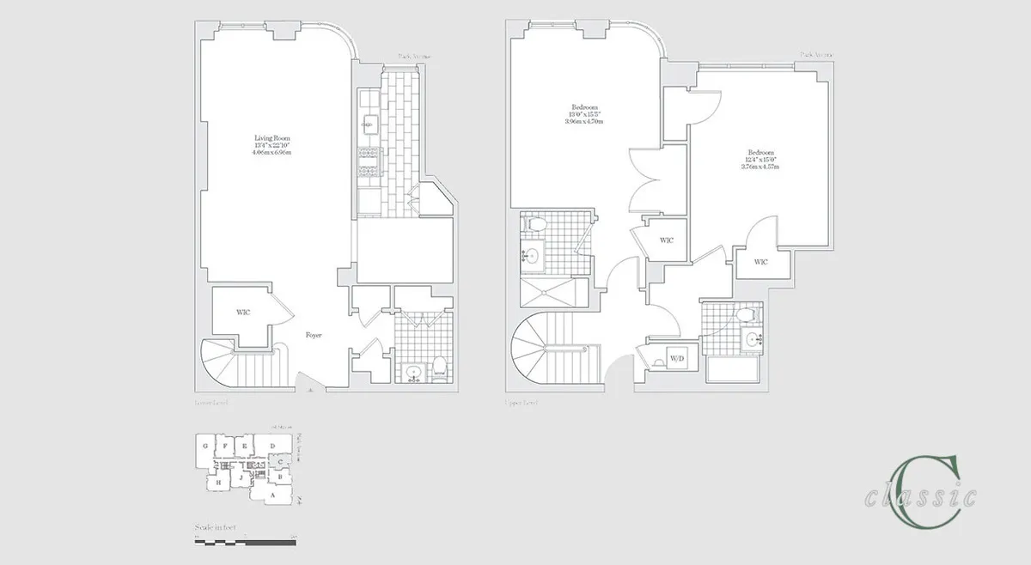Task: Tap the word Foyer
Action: [x=314, y=335]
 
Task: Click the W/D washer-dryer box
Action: [x=676, y=358]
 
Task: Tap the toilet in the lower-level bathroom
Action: [x=439, y=369]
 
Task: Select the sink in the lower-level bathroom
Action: [x=414, y=373]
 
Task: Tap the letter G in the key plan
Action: [x=205, y=447]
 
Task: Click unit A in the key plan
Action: [x=272, y=495]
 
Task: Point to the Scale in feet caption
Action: [x=216, y=526]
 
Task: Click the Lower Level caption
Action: [x=210, y=401]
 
